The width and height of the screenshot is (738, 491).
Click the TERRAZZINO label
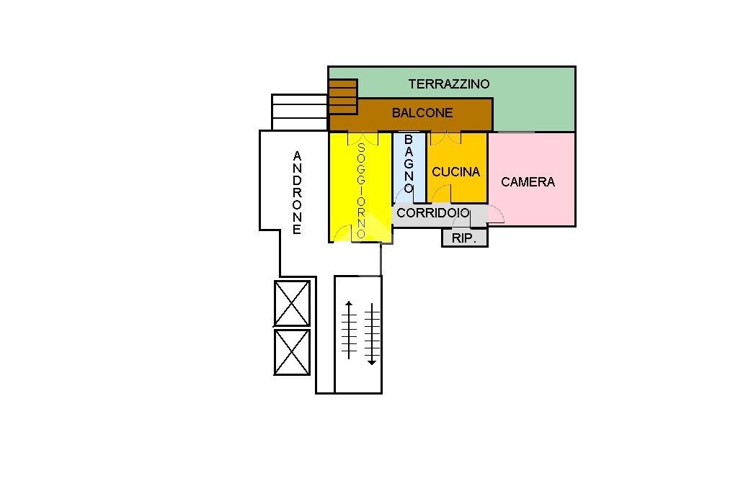pos(448,84)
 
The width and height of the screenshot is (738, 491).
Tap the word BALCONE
pos(422,113)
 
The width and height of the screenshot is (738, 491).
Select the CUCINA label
pos(455,172)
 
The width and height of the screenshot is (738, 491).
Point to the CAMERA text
pos(528,182)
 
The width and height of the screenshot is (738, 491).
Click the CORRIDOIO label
pos(432,213)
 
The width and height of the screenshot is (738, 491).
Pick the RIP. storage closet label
pos(464,238)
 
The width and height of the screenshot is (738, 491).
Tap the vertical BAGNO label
pos(409,163)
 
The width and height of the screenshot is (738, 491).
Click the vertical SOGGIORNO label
pos(362,190)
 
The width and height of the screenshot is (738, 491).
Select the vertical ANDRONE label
pos(297,193)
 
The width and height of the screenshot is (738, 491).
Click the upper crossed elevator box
pos(292,303)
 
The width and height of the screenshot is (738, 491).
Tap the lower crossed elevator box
pos(292,352)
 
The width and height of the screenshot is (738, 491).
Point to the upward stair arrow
pos(349,330)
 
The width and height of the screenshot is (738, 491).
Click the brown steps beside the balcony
pos(343,96)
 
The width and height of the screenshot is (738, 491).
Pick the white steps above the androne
pos(300,112)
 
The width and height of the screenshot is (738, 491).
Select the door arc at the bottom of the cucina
pos(442,194)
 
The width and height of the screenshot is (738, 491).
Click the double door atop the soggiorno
pos(363,138)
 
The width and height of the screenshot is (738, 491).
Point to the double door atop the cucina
pos(445,138)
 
